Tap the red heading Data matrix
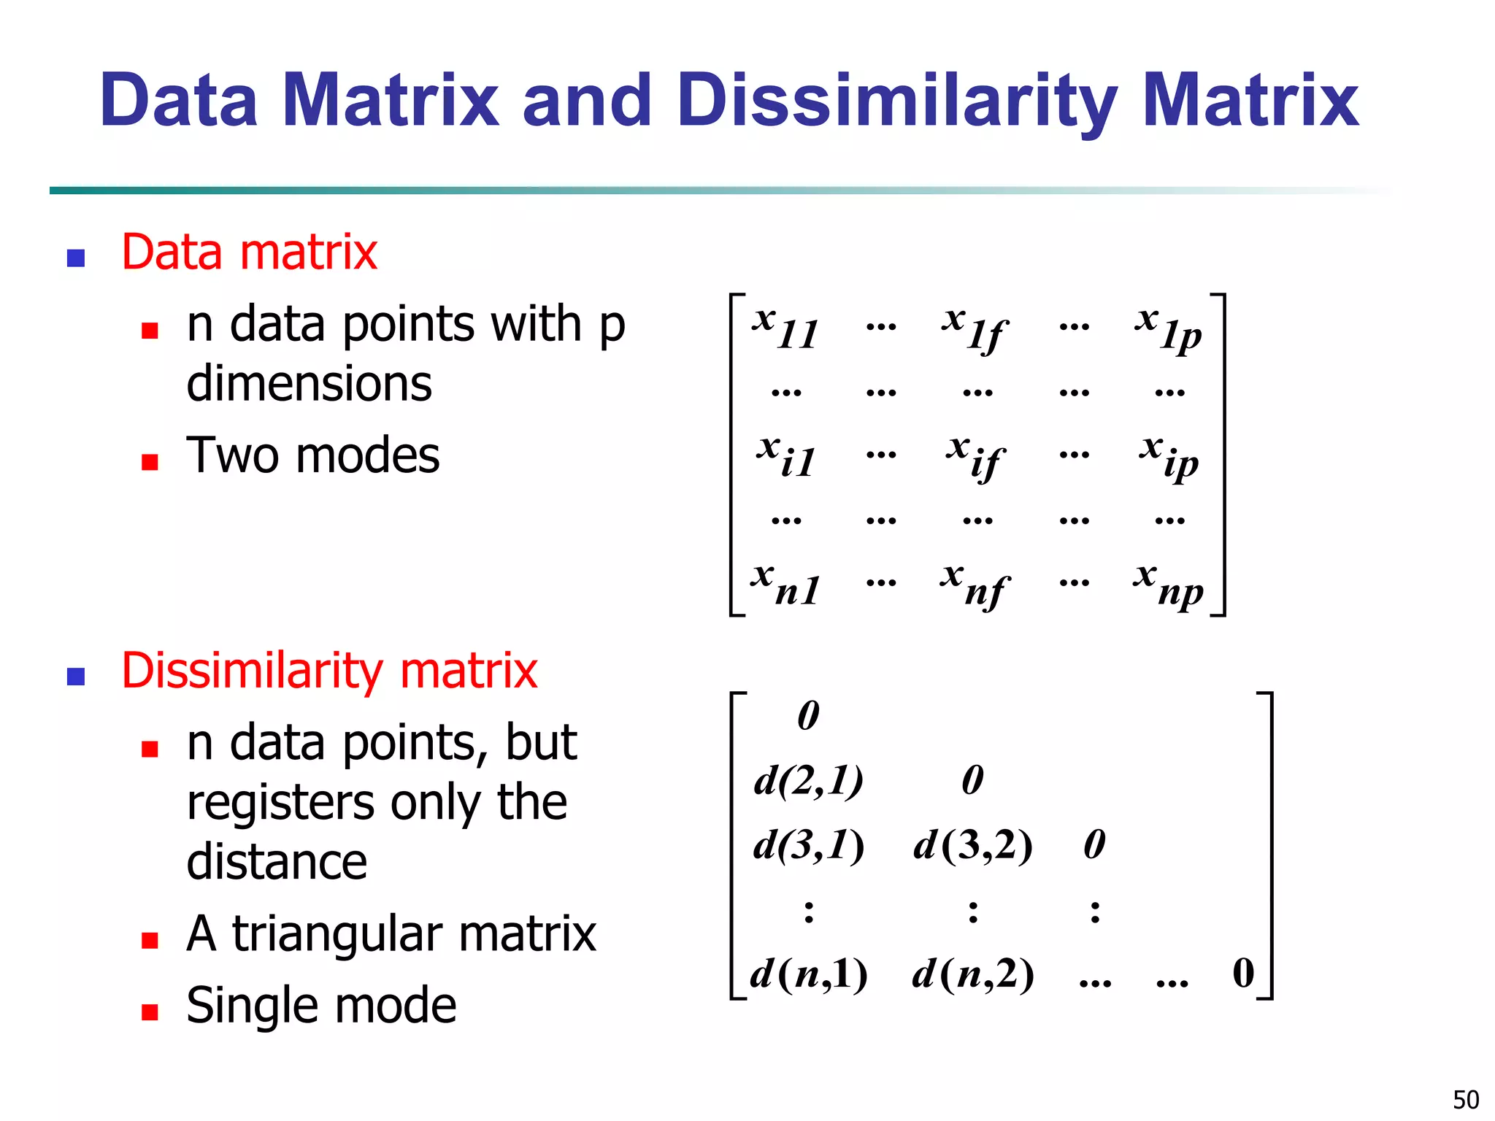pyautogui.click(x=249, y=253)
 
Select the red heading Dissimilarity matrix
pyautogui.click(x=329, y=671)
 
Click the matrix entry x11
pyautogui.click(x=785, y=327)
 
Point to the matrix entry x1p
pyautogui.click(x=1169, y=328)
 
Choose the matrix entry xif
pyautogui.click(x=977, y=455)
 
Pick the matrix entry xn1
pyautogui.click(x=785, y=584)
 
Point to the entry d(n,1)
pyautogui.click(x=809, y=974)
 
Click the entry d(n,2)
pyautogui.click(x=973, y=974)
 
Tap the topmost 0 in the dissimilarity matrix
pyautogui.click(x=808, y=715)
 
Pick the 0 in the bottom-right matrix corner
pyautogui.click(x=1243, y=973)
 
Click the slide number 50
pyautogui.click(x=1466, y=1099)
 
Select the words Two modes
pyautogui.click(x=313, y=455)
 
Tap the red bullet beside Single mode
pyautogui.click(x=150, y=1012)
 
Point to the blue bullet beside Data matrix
pyautogui.click(x=76, y=258)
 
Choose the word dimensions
pyautogui.click(x=310, y=384)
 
